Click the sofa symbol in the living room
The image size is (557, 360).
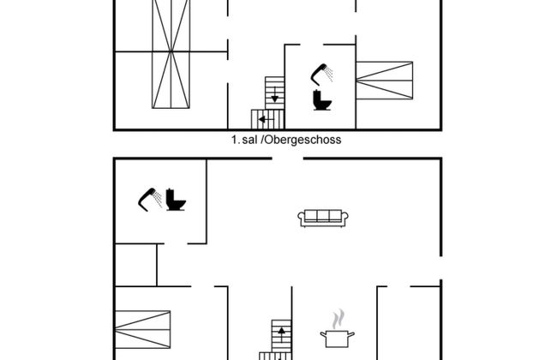coord(323,218)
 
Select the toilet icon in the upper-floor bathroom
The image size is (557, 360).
coord(322,100)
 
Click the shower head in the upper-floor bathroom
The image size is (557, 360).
coord(322,75)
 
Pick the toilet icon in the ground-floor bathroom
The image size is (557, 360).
coord(176,200)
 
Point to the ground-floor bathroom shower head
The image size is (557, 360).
coord(150,200)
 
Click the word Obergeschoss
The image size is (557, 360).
coord(303,140)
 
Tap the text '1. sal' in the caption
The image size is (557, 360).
coord(244,140)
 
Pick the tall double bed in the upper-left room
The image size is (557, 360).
coord(171,54)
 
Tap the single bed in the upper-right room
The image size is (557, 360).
coord(385,81)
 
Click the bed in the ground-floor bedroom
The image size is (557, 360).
coord(143,329)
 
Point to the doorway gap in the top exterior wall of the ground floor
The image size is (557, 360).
coord(288,159)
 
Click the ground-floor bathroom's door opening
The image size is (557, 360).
coord(176,243)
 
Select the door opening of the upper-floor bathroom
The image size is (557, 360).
coord(312,45)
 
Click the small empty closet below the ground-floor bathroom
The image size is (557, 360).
coord(136,265)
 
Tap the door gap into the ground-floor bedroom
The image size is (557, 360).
coord(203,286)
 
